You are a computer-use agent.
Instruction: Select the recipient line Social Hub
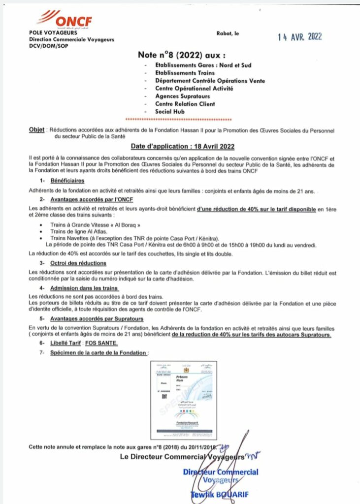(169, 112)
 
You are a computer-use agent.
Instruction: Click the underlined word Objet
(37, 129)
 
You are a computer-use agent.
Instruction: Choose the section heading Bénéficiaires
(68, 181)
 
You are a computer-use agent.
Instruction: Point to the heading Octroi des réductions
(78, 263)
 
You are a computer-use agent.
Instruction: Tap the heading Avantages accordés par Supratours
(97, 318)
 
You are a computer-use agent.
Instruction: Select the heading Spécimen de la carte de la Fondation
(98, 353)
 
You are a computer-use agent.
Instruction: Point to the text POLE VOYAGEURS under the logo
(53, 32)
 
